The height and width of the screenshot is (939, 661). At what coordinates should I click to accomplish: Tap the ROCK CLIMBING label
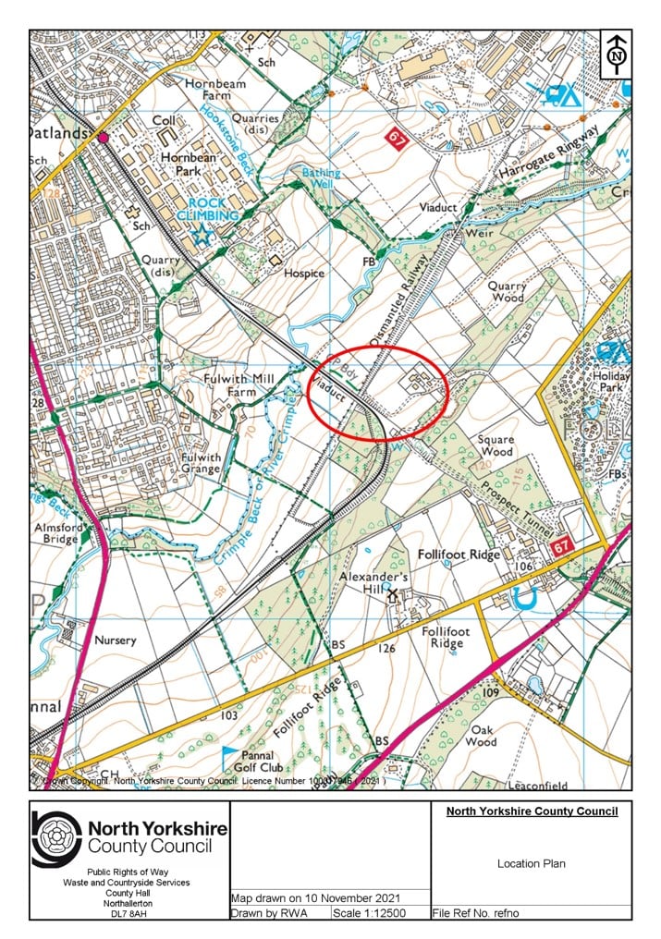pyautogui.click(x=214, y=209)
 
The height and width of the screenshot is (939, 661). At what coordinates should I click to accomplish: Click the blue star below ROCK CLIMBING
pyautogui.click(x=202, y=236)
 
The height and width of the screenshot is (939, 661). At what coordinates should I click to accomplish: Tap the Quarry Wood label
pyautogui.click(x=507, y=292)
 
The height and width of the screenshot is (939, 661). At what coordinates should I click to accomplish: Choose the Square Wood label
pyautogui.click(x=496, y=446)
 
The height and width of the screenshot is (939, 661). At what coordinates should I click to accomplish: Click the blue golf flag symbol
pyautogui.click(x=228, y=754)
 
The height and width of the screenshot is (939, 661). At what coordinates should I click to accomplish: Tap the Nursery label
pyautogui.click(x=115, y=640)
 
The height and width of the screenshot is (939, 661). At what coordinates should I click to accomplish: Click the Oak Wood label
pyautogui.click(x=481, y=735)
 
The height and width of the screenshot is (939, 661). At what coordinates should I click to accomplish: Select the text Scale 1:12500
pyautogui.click(x=380, y=913)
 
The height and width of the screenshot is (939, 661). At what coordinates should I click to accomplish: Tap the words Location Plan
pyautogui.click(x=531, y=864)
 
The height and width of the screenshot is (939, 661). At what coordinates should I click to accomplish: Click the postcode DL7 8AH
pyautogui.click(x=129, y=913)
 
